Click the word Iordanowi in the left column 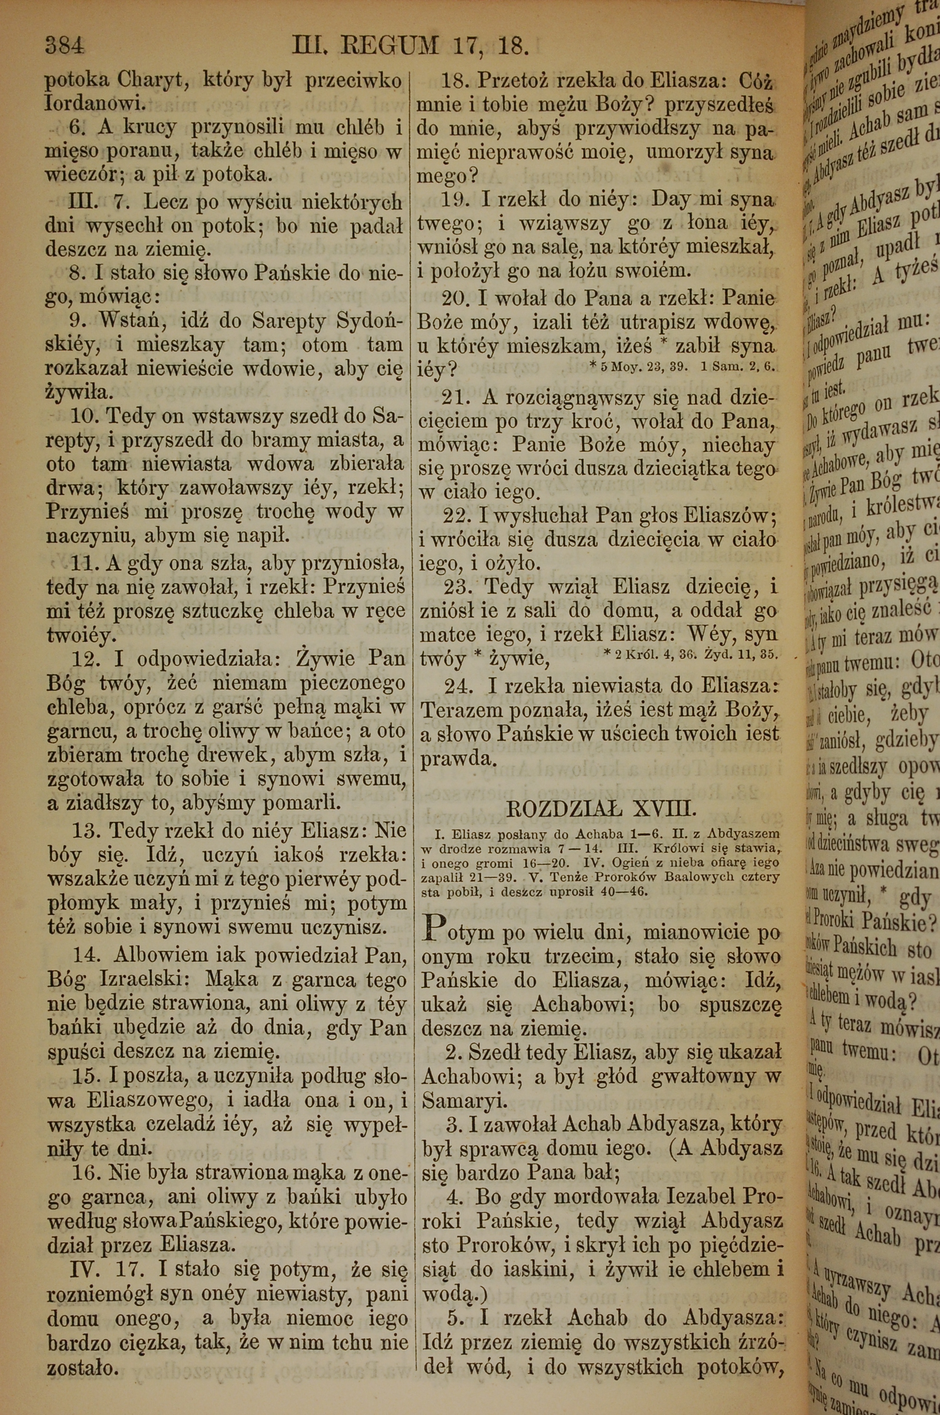95,104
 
